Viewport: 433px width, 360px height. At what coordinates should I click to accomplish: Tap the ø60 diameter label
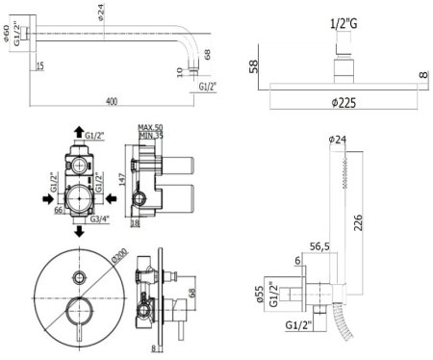[9, 35]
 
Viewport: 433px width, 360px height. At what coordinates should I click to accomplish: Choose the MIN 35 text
[152, 137]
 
